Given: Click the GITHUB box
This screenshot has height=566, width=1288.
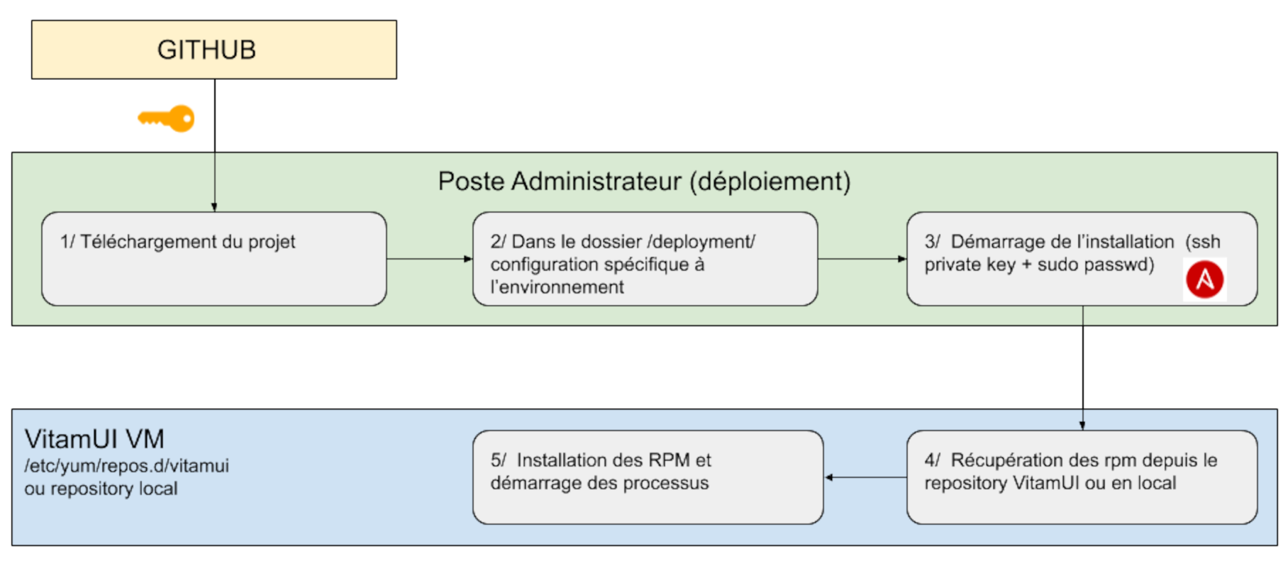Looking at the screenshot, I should [213, 50].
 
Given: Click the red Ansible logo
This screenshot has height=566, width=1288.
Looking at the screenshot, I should [1204, 279].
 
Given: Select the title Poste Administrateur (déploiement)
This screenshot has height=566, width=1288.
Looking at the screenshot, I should [644, 182].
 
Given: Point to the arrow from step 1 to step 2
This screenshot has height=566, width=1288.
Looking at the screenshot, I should [429, 259].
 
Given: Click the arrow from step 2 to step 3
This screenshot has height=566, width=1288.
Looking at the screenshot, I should [862, 259].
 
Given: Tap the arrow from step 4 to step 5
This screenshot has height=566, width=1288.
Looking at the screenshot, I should [865, 477].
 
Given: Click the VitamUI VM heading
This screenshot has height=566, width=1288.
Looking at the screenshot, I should [94, 439].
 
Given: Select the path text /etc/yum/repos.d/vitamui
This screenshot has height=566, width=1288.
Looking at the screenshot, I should [126, 466].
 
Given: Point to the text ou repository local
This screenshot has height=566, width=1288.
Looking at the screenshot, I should [101, 489].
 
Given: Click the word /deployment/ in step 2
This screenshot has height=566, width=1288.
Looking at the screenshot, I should [701, 242].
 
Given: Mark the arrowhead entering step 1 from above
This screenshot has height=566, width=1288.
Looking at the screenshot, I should [214, 207].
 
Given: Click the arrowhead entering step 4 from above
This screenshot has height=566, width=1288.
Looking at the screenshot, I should [1082, 426].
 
